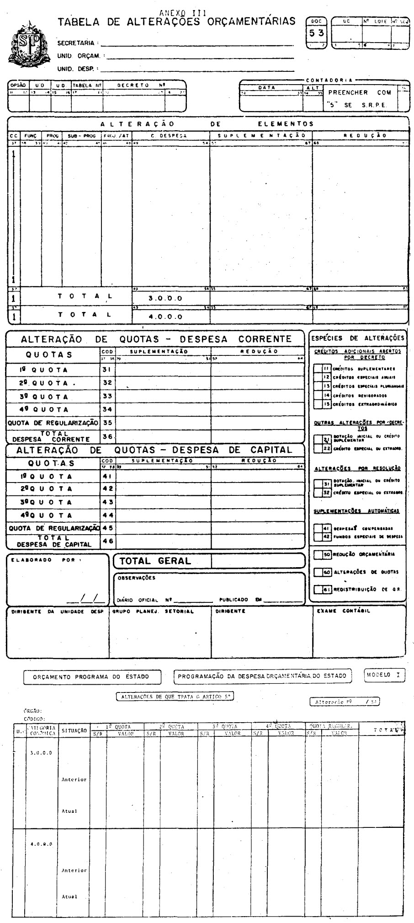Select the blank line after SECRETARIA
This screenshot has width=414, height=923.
[196, 43]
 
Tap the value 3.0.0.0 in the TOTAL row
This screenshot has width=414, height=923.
[165, 298]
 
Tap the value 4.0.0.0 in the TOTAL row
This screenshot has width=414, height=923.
[165, 316]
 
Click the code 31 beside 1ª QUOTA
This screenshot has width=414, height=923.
[107, 370]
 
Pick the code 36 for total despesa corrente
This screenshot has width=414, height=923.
[107, 436]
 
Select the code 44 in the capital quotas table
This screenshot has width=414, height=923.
[107, 515]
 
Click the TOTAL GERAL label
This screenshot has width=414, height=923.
[155, 561]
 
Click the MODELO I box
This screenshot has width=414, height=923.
[385, 675]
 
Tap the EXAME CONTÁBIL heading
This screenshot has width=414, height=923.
[343, 611]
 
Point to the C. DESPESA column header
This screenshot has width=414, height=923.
[171, 135]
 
